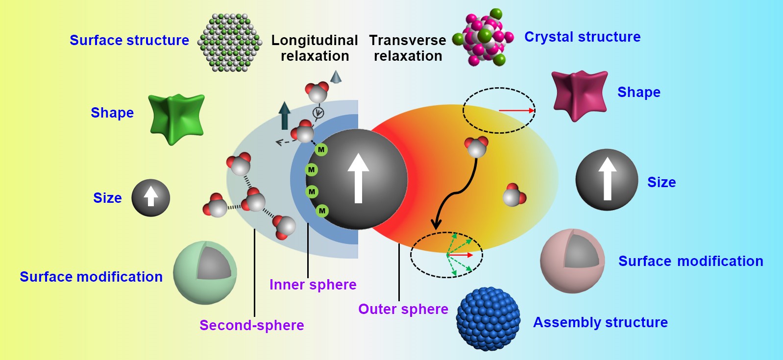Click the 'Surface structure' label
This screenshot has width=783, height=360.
[x=129, y=40]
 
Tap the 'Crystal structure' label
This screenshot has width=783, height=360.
[x=582, y=37]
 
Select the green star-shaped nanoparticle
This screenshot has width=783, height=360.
[x=176, y=119]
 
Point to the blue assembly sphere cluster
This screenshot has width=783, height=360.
[x=488, y=318]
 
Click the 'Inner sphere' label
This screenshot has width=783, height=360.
[x=313, y=285]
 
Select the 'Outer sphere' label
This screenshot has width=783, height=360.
[x=403, y=309]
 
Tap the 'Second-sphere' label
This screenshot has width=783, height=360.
[x=251, y=325]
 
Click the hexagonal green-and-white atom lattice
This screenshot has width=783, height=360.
[x=229, y=43]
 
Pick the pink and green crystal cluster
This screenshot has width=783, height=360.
[x=484, y=38]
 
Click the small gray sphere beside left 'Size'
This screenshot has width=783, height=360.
[x=150, y=198]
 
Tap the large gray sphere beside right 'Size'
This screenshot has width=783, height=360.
[x=607, y=180]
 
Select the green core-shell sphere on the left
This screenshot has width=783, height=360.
[x=205, y=272]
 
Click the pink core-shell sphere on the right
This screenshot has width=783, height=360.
[x=572, y=261]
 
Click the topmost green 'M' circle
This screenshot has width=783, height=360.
[x=321, y=149]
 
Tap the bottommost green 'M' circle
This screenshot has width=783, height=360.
[x=322, y=211]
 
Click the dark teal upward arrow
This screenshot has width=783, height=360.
[x=284, y=115]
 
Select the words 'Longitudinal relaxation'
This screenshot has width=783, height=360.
[x=315, y=48]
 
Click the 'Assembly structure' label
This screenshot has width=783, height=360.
[x=600, y=322]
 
